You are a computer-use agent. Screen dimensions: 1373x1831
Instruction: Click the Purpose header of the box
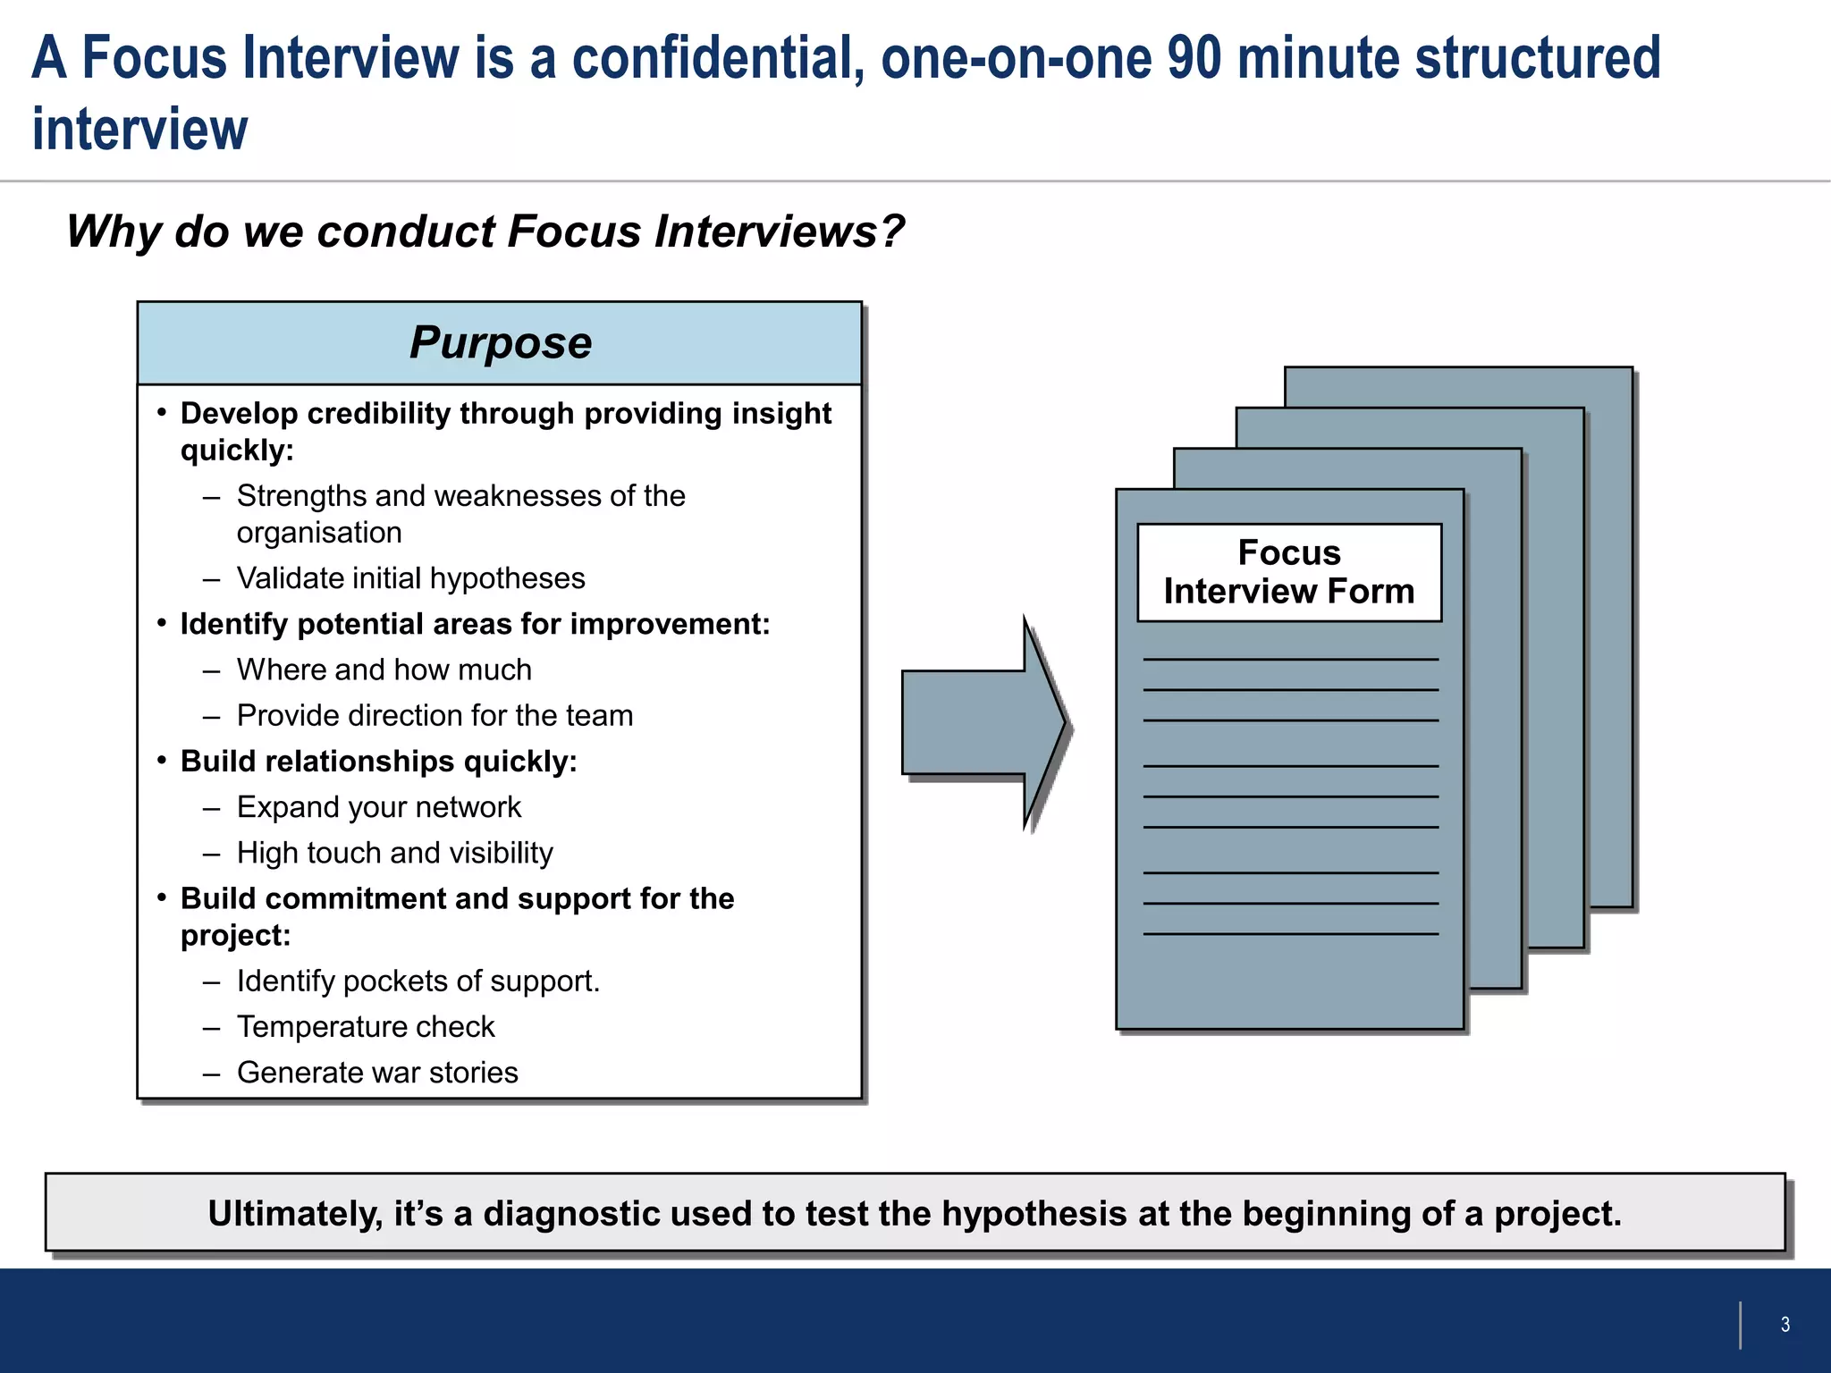click(x=500, y=343)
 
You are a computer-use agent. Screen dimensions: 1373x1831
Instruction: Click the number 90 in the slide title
click(x=1194, y=57)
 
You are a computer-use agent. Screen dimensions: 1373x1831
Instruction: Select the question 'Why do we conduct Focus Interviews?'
click(x=485, y=232)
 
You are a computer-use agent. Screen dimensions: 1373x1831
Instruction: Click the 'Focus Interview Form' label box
click(x=1288, y=572)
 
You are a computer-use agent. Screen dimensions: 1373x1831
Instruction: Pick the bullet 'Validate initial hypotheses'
click(x=410, y=578)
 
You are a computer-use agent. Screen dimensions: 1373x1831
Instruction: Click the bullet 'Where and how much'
click(x=384, y=670)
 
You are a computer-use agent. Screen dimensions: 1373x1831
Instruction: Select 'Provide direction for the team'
click(x=435, y=715)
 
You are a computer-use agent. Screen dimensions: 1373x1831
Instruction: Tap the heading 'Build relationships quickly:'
click(x=378, y=762)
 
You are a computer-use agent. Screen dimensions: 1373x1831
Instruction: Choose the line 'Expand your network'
click(x=378, y=807)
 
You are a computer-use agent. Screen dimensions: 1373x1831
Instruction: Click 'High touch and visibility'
click(x=394, y=853)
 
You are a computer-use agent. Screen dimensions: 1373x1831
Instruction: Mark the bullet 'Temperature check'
click(x=365, y=1027)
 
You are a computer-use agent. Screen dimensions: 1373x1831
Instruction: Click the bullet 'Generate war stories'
click(x=377, y=1073)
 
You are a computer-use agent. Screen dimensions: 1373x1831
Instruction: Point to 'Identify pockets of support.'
click(x=418, y=981)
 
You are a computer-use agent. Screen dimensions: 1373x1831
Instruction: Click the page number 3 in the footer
click(x=1785, y=1325)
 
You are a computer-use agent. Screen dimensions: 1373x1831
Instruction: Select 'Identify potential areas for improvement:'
click(x=475, y=624)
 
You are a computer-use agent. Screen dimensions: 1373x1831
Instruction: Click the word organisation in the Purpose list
click(x=319, y=533)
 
